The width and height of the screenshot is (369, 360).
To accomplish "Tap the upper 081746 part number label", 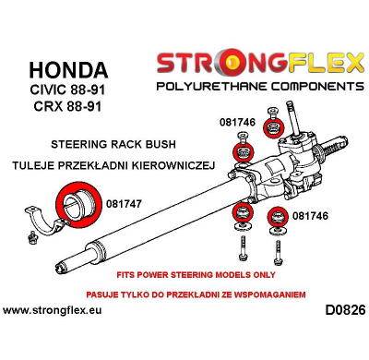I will [x=238, y=120].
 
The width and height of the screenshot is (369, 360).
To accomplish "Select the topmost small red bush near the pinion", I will [x=273, y=126].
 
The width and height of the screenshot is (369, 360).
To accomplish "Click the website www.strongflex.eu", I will [x=54, y=309].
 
